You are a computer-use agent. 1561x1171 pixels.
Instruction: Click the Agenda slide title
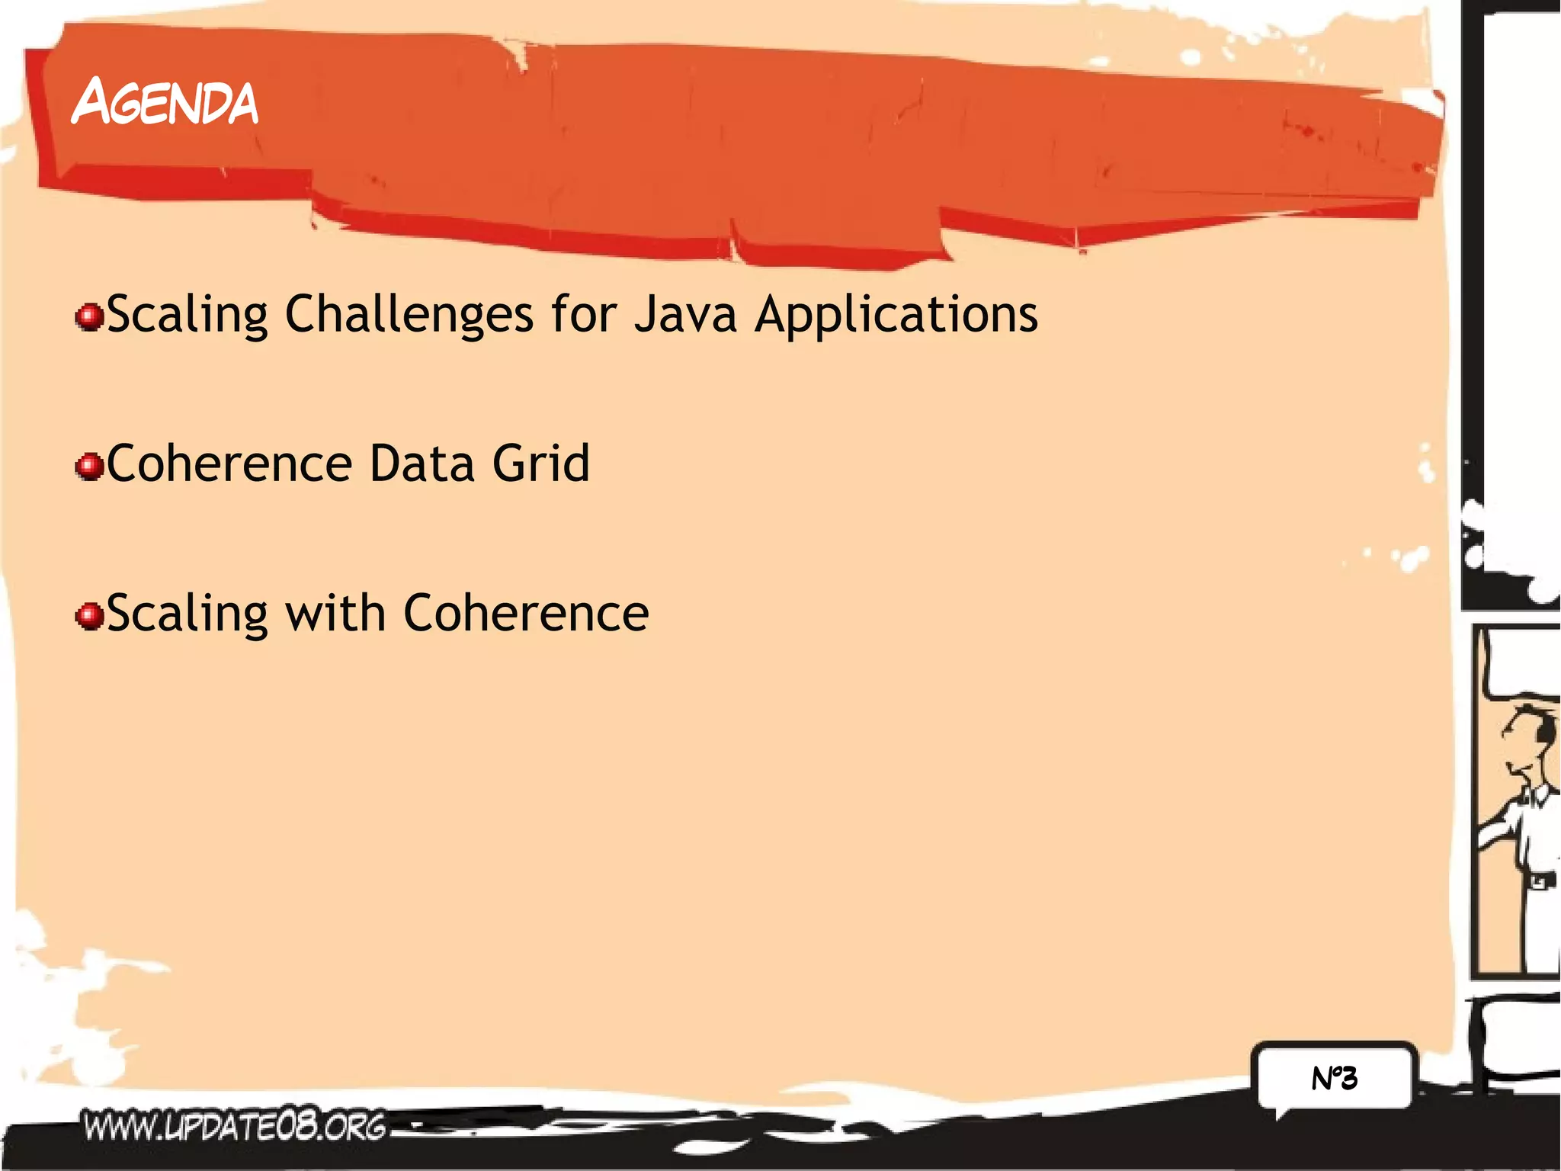[x=165, y=102]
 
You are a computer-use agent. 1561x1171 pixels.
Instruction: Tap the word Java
[x=685, y=314]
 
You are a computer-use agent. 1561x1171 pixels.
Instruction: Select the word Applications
[x=896, y=314]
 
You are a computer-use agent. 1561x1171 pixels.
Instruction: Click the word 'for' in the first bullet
[x=584, y=314]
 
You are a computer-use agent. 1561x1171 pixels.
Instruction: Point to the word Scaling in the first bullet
[x=187, y=314]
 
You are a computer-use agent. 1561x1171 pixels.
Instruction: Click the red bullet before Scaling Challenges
[x=90, y=316]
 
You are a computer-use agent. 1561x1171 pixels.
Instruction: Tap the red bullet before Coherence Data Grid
[x=90, y=466]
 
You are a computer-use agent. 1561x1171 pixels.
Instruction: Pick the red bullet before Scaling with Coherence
[x=90, y=615]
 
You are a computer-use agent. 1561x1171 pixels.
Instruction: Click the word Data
[x=421, y=464]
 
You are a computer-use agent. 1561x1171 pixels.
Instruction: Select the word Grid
[x=541, y=464]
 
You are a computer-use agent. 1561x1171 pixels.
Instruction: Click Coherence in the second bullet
[x=229, y=464]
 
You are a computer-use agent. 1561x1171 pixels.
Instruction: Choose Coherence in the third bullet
[x=526, y=613]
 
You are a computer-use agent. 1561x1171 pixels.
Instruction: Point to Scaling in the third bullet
[x=187, y=614]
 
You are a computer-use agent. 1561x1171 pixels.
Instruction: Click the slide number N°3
[x=1334, y=1078]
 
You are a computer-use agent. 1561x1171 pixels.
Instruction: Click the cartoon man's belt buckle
[x=1539, y=882]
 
